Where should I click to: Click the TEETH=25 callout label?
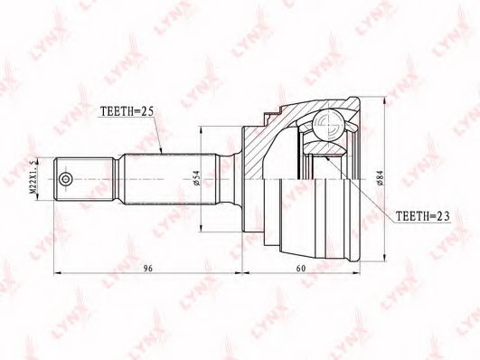pyautogui.click(x=127, y=111)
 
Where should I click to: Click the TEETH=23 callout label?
pyautogui.click(x=423, y=216)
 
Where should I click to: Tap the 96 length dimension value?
pyautogui.click(x=148, y=269)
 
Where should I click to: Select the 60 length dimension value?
pyautogui.click(x=301, y=269)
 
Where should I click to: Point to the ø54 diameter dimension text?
pyautogui.click(x=196, y=178)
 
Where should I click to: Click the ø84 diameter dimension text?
pyautogui.click(x=380, y=178)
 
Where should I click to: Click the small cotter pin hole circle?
pyautogui.click(x=65, y=179)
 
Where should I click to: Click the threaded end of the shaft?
pyautogui.click(x=83, y=179)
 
